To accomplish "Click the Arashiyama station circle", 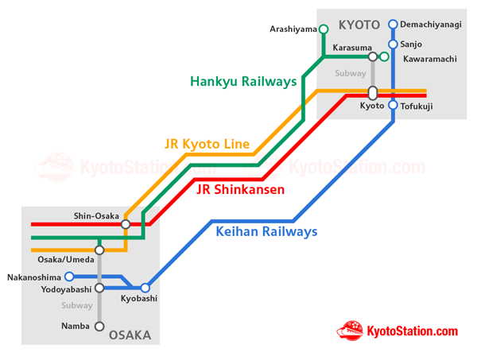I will [324, 29].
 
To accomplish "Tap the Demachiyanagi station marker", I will [393, 25].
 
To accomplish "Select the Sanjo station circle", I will [393, 45].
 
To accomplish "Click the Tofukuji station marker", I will [393, 105].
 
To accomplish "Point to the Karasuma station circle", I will [373, 57].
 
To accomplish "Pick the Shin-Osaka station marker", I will [126, 224].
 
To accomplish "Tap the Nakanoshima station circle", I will [69, 277].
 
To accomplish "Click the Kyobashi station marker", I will [145, 288].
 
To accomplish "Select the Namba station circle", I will [99, 326].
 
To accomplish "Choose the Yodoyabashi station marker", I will [99, 288].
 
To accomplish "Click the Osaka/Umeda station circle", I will [99, 250].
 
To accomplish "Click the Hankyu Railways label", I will [243, 81].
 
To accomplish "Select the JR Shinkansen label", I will [240, 190].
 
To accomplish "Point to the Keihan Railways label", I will [266, 232].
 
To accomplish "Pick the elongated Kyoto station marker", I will [373, 93].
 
